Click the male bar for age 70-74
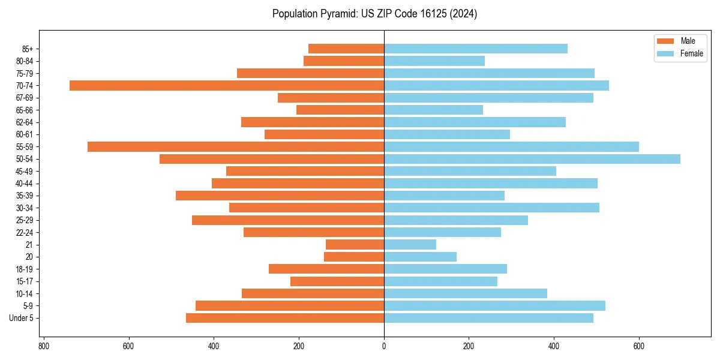[227, 85]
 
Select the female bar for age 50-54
[532, 159]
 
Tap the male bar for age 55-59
[236, 146]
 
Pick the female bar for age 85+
[476, 49]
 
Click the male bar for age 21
[355, 244]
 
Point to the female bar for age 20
[420, 257]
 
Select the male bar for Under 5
[285, 318]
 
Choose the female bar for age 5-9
[494, 305]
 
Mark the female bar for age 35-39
[444, 196]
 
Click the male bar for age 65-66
[340, 110]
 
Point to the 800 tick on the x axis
[43, 346]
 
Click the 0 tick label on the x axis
[384, 346]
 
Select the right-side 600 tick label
[639, 346]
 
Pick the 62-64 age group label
[25, 122]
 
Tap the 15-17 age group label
[25, 281]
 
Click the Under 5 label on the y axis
[22, 318]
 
